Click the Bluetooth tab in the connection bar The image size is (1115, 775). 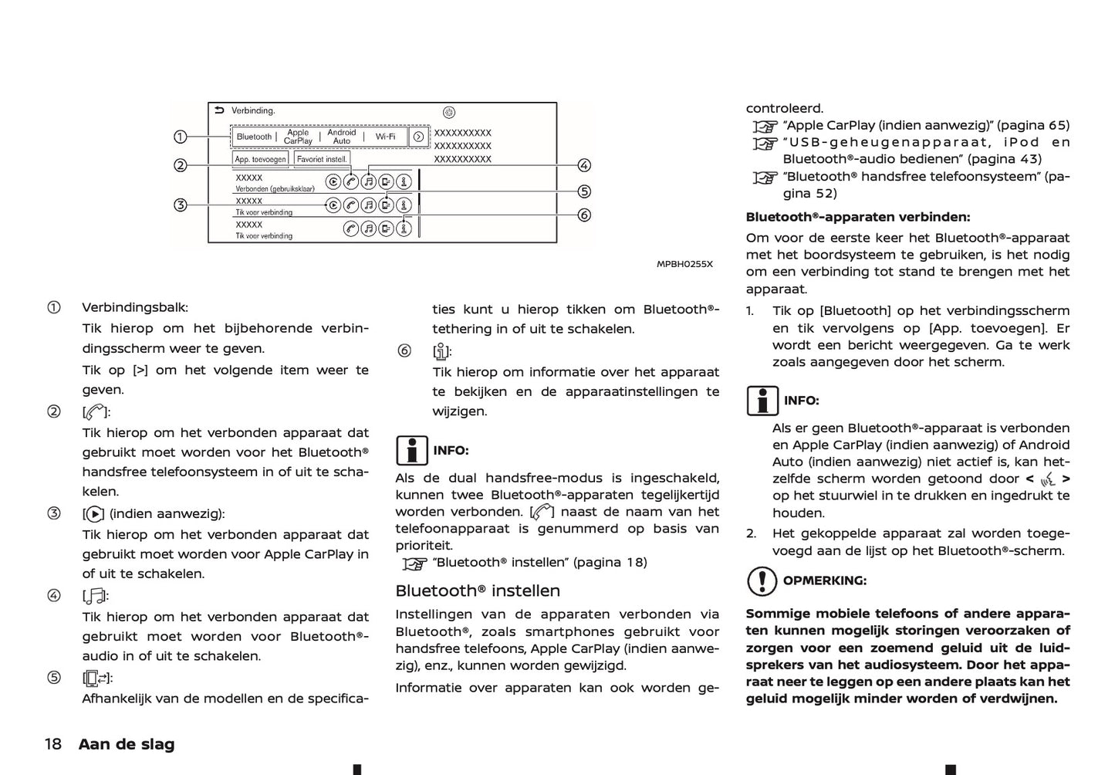(x=254, y=137)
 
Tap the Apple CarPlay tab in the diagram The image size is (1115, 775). (x=298, y=137)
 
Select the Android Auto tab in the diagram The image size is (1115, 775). (x=342, y=137)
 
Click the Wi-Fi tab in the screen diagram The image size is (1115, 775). (x=385, y=137)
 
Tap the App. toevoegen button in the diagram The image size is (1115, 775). (x=260, y=159)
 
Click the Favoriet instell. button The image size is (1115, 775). (x=322, y=159)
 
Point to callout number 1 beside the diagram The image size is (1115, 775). (x=180, y=137)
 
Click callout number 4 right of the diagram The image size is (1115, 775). (x=584, y=165)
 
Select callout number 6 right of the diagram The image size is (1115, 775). (x=584, y=215)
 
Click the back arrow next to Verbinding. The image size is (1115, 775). (x=219, y=110)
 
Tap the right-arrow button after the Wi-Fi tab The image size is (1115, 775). (x=418, y=137)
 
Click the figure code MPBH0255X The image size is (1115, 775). (x=684, y=264)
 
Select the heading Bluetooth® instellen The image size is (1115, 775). (x=478, y=591)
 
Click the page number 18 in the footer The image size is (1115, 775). (x=52, y=744)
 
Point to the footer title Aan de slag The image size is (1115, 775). (x=127, y=744)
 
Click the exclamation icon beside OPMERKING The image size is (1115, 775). (x=762, y=581)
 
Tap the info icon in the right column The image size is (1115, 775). (x=762, y=401)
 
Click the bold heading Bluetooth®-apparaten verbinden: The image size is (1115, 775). (x=858, y=218)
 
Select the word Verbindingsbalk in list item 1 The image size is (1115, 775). (x=135, y=307)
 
